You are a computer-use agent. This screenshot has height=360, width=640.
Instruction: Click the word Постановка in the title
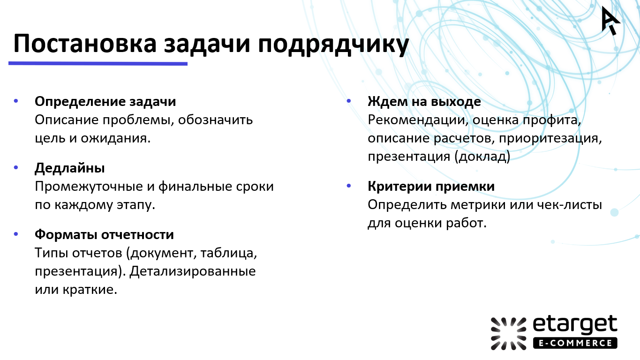point(84,45)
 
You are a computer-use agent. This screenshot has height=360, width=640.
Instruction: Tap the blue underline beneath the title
point(98,63)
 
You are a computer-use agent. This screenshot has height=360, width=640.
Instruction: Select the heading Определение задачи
point(105,101)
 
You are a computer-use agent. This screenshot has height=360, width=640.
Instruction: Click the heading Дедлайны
point(70,168)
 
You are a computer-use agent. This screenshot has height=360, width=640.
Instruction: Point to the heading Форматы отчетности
point(104,234)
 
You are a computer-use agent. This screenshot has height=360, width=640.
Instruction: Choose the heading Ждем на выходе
point(424,101)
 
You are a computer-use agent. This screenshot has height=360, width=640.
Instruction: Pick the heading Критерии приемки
point(431,186)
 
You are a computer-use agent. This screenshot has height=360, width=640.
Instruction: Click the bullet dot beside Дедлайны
point(16,167)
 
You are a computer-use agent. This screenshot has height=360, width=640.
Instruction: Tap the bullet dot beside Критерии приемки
point(348,186)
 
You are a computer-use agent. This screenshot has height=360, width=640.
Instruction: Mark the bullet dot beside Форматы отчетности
point(16,233)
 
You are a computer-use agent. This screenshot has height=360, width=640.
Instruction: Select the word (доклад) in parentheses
point(482,157)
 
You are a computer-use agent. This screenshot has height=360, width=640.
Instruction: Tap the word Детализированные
point(193,271)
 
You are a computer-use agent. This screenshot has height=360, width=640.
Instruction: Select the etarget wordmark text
point(575,325)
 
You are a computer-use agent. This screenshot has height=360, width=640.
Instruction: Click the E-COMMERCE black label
point(575,343)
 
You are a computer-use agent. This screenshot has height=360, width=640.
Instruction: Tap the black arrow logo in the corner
point(610,20)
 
